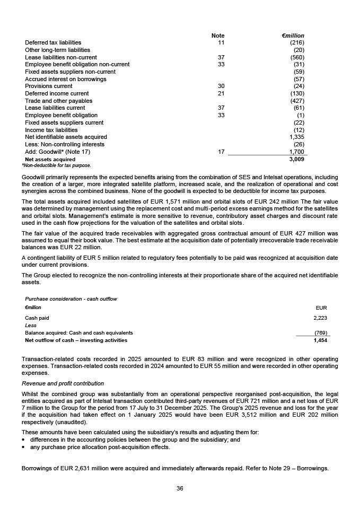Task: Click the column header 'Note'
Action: tap(218, 36)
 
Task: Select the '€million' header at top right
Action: tap(293, 36)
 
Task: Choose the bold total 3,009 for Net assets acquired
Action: tap(296, 159)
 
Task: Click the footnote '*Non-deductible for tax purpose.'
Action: tap(56, 165)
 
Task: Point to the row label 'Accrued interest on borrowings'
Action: tap(66, 79)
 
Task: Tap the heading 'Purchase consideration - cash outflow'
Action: tap(71, 299)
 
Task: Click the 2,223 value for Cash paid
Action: tap(320, 318)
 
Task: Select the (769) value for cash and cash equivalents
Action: tap(320, 333)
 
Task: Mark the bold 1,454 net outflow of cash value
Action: tap(320, 340)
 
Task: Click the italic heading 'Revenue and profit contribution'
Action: tap(63, 383)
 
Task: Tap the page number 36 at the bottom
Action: tap(180, 488)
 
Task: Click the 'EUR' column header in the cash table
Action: tap(321, 308)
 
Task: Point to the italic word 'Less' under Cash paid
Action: tap(31, 326)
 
